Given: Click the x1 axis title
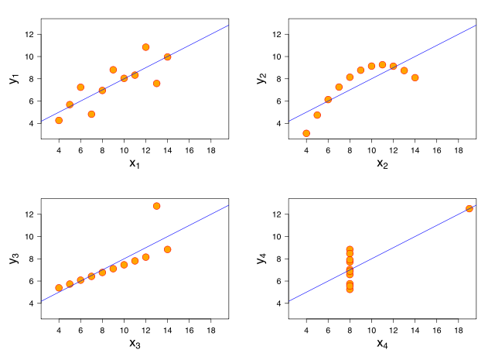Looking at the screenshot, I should point(135,163).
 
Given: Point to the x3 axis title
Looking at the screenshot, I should point(135,343).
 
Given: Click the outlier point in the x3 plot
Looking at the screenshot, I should point(156,206).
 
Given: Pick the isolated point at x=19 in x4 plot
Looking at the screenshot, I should point(469,208).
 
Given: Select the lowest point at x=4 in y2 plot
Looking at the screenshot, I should point(306,133).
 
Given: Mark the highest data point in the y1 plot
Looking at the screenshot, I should point(145,47).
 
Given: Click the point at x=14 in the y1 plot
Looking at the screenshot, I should point(167,57).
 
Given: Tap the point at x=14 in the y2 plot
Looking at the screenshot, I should point(415,77).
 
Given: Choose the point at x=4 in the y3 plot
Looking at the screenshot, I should point(59,288).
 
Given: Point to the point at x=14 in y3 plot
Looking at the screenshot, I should point(167,249).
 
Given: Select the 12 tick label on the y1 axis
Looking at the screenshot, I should point(28,34).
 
